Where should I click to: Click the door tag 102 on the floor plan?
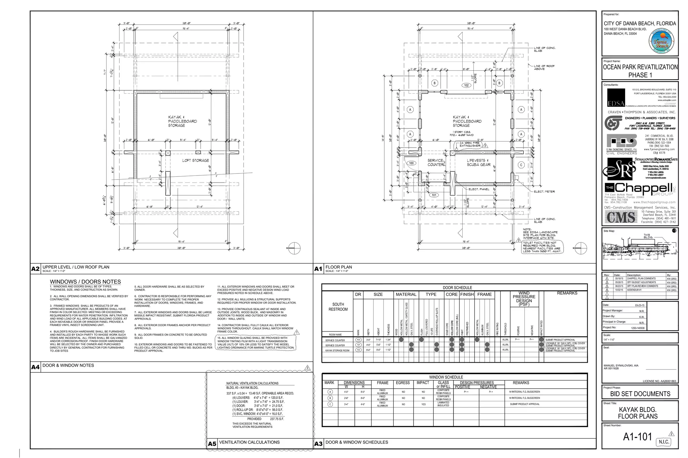click(466, 85)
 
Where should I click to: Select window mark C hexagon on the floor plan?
click(521, 165)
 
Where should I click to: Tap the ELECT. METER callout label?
click(544, 192)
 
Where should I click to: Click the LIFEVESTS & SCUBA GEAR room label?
click(478, 162)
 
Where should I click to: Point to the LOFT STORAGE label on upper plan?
click(196, 160)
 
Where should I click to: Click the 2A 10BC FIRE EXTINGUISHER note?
click(469, 144)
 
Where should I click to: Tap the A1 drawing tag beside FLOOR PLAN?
click(318, 269)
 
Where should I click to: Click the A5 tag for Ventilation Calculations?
click(212, 444)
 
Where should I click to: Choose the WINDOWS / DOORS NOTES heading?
click(85, 282)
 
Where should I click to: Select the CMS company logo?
click(621, 217)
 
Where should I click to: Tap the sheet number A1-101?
click(637, 437)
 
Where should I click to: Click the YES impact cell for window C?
click(423, 404)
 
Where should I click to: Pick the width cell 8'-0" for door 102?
click(368, 350)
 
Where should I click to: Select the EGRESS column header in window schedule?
click(402, 383)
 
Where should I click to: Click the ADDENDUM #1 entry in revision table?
click(634, 290)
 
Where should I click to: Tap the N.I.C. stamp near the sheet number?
click(663, 442)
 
